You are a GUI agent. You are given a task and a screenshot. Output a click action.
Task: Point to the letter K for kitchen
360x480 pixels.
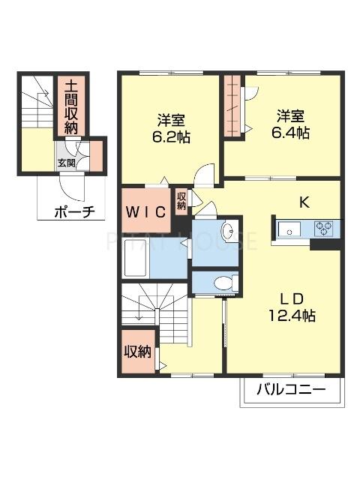(x=305, y=201)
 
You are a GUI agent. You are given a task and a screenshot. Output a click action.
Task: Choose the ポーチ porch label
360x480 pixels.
(x=74, y=212)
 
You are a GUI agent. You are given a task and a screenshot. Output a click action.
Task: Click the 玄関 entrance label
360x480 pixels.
(x=65, y=160)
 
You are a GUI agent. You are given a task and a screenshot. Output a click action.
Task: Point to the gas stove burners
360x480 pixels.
(x=324, y=226)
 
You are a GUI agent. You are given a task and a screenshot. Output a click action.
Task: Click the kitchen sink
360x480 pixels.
(x=289, y=226)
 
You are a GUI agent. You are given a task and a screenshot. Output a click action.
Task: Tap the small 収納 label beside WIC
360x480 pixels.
(x=181, y=200)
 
